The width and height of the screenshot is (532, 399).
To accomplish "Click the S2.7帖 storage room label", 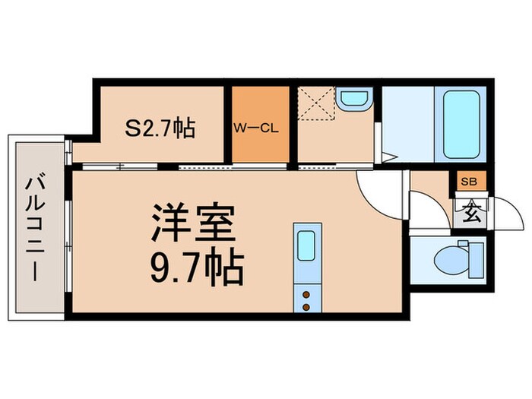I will pyautogui.click(x=160, y=128).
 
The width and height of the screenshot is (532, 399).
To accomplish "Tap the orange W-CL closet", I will pyautogui.click(x=260, y=126).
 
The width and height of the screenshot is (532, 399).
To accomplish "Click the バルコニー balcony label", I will pyautogui.click(x=33, y=226).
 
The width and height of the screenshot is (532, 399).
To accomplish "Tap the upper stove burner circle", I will pyautogui.click(x=306, y=293).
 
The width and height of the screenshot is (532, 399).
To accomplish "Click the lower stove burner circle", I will pyautogui.click(x=306, y=306).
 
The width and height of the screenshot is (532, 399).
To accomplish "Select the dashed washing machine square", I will pyautogui.click(x=318, y=104).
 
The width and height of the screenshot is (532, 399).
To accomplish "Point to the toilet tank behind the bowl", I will pyautogui.click(x=476, y=259).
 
